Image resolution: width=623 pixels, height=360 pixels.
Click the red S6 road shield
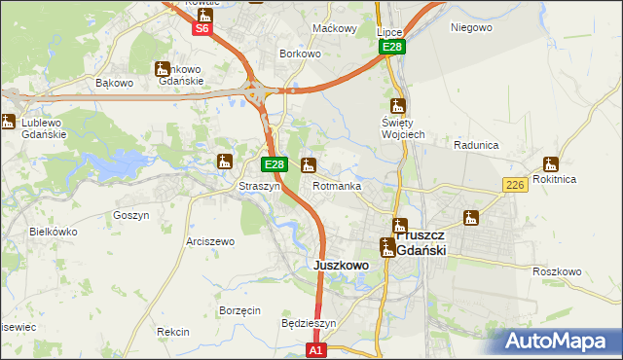coord(202,28)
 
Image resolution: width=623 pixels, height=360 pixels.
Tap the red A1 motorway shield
coord(314,348)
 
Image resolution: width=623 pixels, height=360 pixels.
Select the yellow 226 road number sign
coord(515,185)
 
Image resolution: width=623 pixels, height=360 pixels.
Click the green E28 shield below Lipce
coord(391,47)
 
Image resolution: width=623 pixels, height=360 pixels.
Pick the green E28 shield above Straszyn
coord(275,165)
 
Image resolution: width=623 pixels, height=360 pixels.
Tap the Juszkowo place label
coord(340,265)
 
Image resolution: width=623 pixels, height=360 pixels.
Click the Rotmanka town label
coord(337,186)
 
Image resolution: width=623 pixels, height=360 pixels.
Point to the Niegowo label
coord(471,27)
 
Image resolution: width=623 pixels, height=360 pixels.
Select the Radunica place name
coord(476,145)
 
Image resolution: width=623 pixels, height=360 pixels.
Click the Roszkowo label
coord(557,271)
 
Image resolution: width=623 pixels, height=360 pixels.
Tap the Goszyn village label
coord(130,215)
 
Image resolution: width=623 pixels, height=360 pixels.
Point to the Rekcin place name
coord(172,332)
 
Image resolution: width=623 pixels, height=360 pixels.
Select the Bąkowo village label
coord(114,83)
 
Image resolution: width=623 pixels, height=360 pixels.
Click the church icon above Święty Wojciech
coord(397,106)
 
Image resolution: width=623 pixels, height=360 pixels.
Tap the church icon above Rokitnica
coord(550,163)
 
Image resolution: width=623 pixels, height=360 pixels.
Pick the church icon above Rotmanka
coord(309,164)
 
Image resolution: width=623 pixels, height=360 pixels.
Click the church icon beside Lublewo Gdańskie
coord(8,122)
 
